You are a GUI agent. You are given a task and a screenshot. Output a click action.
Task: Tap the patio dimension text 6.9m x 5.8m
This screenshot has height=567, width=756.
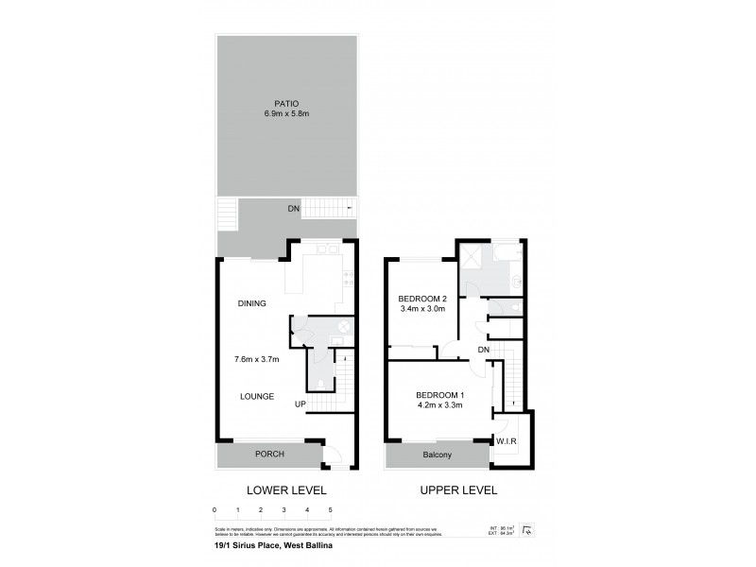point(287,113)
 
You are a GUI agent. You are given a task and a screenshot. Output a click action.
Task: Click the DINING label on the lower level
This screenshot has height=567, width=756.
point(251,303)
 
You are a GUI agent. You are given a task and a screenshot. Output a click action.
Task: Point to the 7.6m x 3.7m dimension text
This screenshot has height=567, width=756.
point(257,359)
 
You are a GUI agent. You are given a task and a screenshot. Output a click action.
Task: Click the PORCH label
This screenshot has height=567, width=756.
point(269,455)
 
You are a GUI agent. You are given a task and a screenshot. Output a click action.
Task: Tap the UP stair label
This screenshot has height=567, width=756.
point(300,404)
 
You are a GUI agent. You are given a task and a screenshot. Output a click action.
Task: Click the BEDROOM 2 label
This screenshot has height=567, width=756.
point(421,299)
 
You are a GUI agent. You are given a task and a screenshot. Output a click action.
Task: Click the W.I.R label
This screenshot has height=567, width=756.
point(507,441)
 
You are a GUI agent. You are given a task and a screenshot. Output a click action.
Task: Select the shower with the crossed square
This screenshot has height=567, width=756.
point(471,255)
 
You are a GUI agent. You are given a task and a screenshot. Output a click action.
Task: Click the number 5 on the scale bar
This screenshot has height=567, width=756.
point(330,510)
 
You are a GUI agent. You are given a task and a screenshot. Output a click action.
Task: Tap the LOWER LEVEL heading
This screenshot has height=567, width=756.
point(286,490)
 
